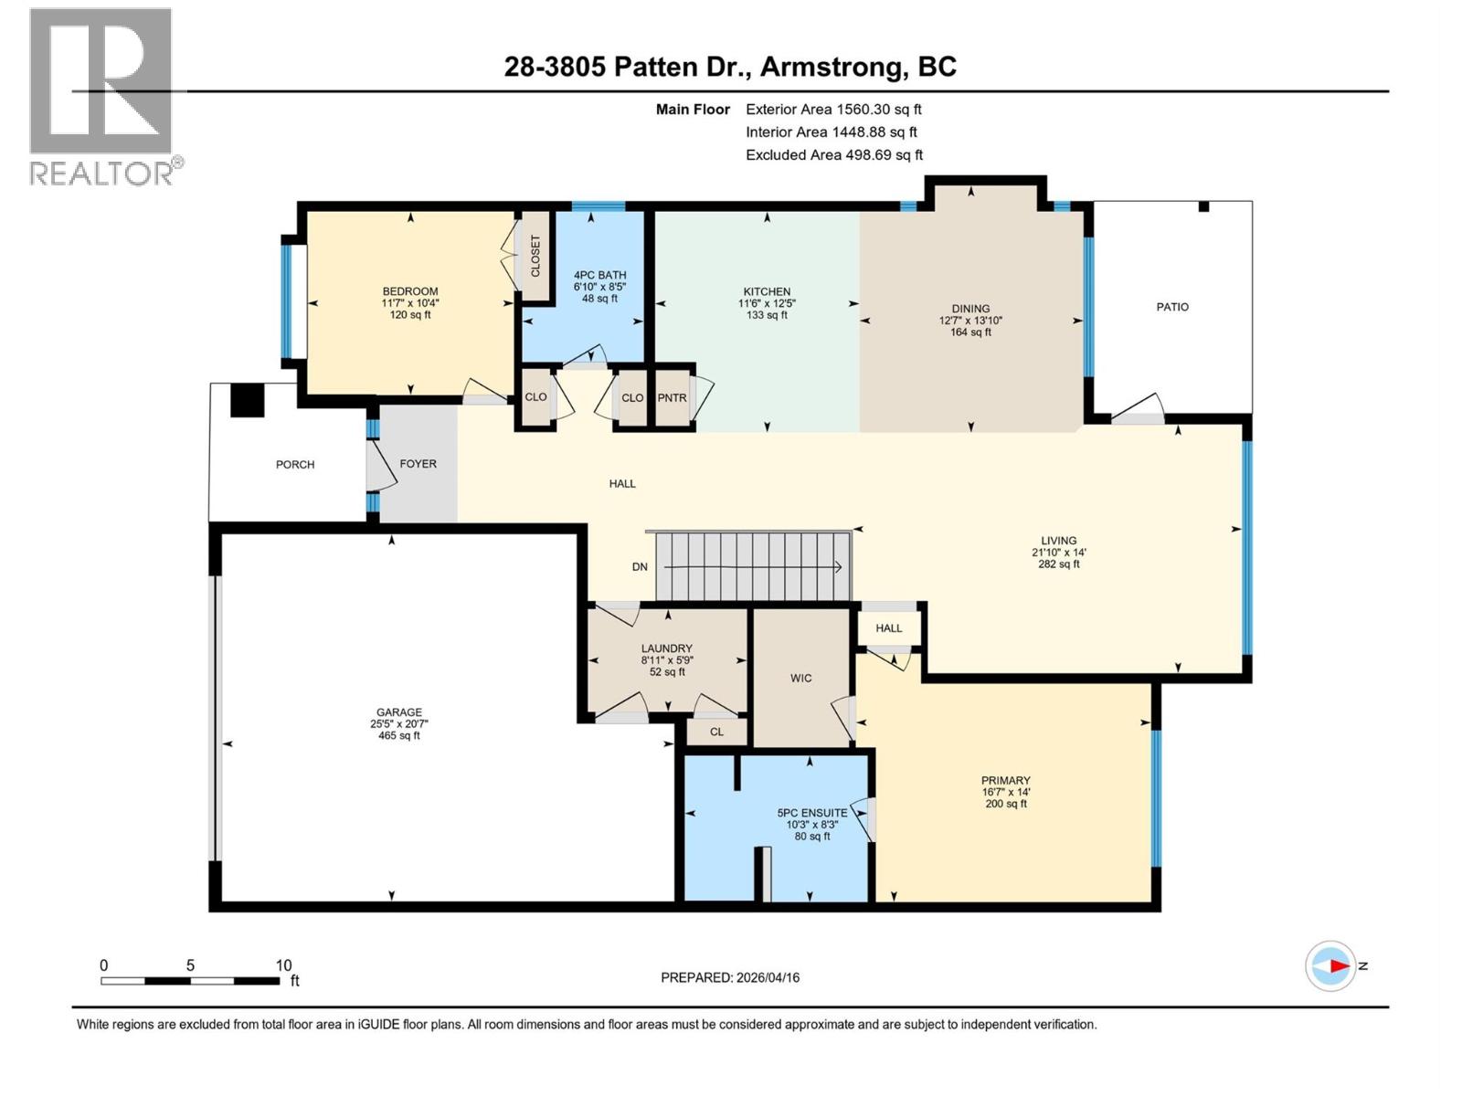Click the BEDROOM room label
(410, 291)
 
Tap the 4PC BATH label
(599, 275)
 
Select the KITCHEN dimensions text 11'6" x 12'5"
(767, 303)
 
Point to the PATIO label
(1172, 307)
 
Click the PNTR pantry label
(672, 397)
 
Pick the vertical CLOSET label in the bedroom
(535, 256)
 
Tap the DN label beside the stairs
(640, 566)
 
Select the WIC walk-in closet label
(801, 678)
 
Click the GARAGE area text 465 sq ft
(399, 735)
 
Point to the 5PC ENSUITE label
(812, 812)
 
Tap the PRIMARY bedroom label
(1006, 780)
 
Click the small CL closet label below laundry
(716, 732)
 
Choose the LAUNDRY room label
(667, 648)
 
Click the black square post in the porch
(247, 399)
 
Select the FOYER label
(418, 464)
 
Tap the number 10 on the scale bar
(283, 965)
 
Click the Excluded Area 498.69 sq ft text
(834, 154)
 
